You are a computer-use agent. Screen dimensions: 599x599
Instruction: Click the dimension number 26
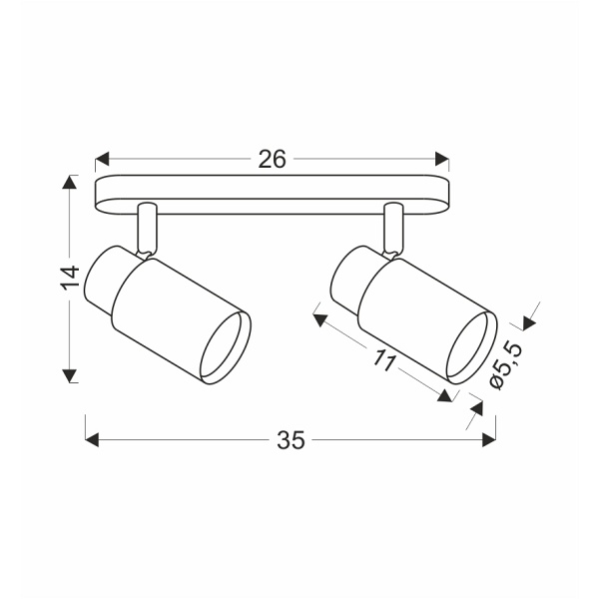[273, 159]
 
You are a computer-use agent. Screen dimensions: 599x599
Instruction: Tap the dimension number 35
[291, 439]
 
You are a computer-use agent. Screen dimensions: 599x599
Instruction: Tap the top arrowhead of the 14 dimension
[69, 183]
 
